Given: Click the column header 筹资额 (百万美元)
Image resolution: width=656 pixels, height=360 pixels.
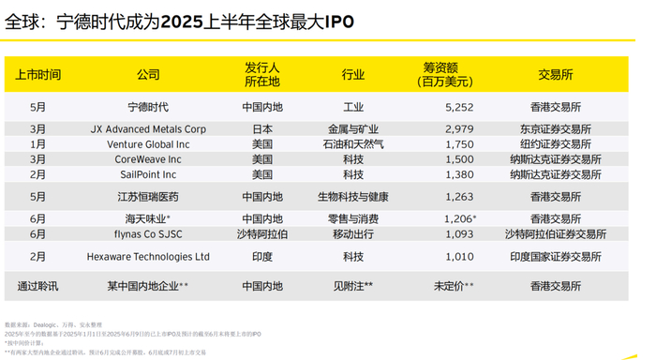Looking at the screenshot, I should (x=445, y=74).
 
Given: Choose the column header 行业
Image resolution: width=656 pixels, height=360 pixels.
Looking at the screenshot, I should (x=353, y=75).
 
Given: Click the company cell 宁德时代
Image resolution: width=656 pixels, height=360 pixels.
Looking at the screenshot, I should (x=148, y=107).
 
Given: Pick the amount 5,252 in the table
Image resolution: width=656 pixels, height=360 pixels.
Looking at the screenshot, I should (x=445, y=107).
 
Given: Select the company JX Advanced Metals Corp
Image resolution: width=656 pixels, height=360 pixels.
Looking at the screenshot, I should (x=148, y=129).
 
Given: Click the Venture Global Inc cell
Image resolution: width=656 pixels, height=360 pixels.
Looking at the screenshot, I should (x=148, y=144).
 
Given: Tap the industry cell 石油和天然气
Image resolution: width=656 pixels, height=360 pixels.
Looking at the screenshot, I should (x=353, y=144).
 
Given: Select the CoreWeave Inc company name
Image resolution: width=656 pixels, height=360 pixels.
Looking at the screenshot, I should (x=148, y=159).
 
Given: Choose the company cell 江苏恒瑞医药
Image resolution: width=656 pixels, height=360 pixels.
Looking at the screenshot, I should (x=148, y=197).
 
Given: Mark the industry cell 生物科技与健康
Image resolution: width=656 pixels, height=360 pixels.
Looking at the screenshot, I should (x=353, y=197).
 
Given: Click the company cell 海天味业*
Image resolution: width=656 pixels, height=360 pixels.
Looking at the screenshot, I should (x=148, y=217).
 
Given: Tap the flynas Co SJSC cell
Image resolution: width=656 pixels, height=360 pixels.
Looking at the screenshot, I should (x=148, y=232).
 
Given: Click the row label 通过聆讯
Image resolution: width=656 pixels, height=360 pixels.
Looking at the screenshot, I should (x=38, y=285).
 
